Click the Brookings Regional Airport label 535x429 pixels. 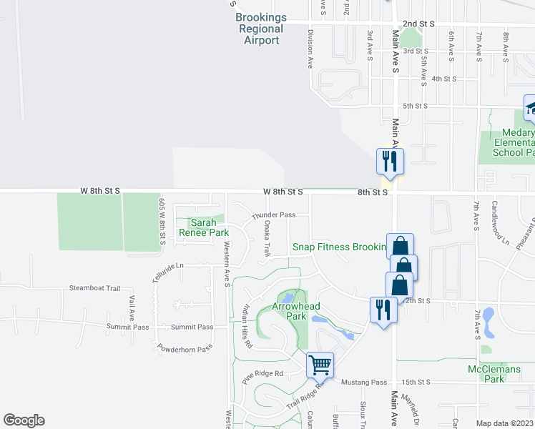click(261, 29)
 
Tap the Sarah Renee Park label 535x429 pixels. click(208, 227)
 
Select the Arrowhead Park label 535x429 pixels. click(296, 312)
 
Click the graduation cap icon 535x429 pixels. click(530, 107)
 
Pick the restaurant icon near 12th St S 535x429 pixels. click(383, 309)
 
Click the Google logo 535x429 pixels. click(24, 420)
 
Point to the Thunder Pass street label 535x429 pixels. click(273, 215)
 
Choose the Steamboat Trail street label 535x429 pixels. click(94, 288)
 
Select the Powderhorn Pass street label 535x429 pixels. click(185, 348)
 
